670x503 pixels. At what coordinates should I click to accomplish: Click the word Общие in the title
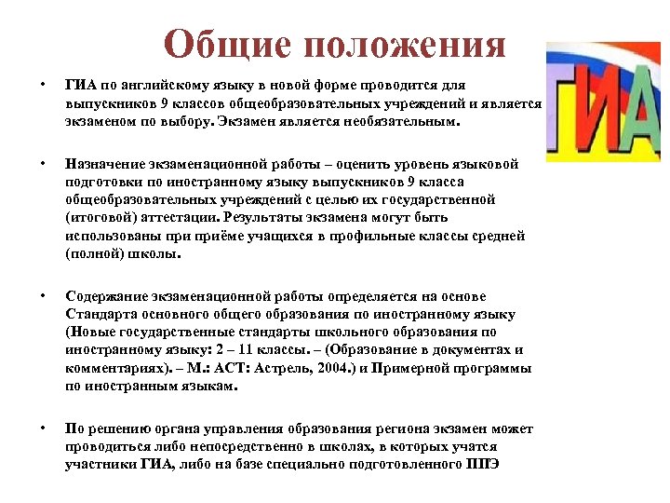[x=221, y=45]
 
